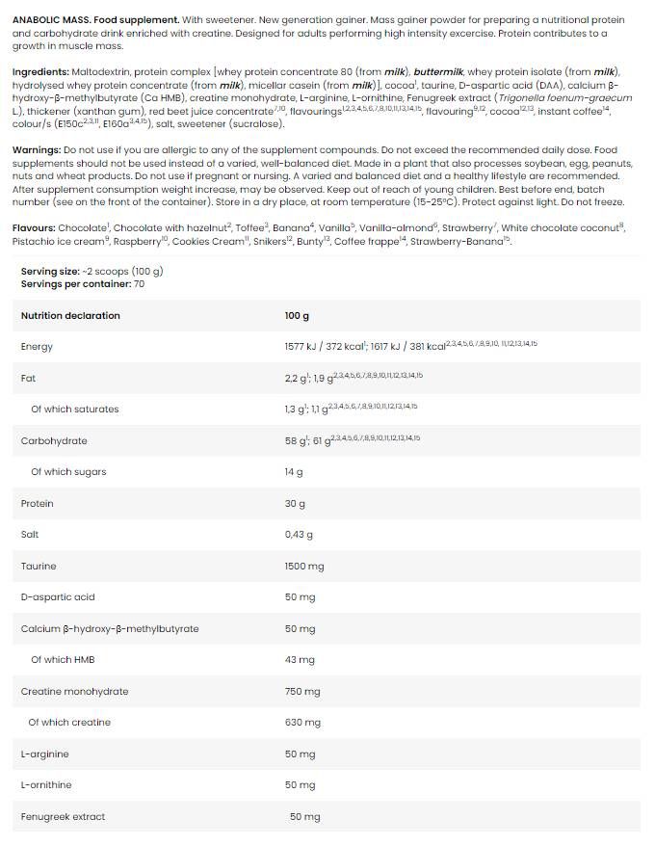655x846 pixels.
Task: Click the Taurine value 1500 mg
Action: [x=304, y=566]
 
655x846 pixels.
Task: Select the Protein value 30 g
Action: [x=295, y=503]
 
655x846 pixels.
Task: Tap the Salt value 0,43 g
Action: [x=299, y=534]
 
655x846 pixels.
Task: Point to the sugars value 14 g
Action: [x=294, y=472]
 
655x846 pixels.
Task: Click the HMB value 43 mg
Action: [x=300, y=660]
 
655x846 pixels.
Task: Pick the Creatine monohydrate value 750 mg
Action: [x=302, y=691]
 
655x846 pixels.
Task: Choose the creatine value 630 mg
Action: [x=302, y=723]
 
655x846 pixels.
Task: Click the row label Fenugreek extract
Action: [x=63, y=816]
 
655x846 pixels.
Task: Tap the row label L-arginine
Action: [x=44, y=753]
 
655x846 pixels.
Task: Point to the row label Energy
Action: [x=37, y=346]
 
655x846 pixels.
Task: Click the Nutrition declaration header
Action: [x=70, y=315]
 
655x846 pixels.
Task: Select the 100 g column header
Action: [x=297, y=315]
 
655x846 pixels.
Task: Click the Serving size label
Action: [x=50, y=272]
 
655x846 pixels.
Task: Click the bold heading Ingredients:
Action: [x=39, y=72]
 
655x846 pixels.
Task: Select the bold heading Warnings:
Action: [x=36, y=150]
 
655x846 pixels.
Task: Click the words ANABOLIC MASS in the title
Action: [x=49, y=19]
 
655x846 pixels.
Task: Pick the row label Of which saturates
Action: [x=74, y=409]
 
